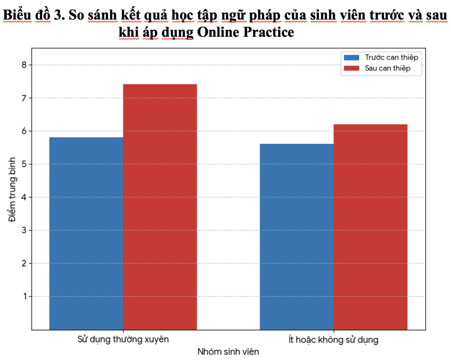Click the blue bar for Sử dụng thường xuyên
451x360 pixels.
pyautogui.click(x=86, y=233)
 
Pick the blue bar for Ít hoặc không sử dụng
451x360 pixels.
pyautogui.click(x=297, y=237)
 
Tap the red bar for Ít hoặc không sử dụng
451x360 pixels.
pyautogui.click(x=370, y=227)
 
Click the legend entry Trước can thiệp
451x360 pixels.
pyautogui.click(x=391, y=57)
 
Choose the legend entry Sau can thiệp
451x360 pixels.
pyautogui.click(x=387, y=68)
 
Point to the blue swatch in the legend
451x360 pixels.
pyautogui.click(x=351, y=57)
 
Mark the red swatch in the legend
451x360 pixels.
pyautogui.click(x=351, y=68)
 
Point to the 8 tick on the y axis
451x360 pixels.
pyautogui.click(x=24, y=65)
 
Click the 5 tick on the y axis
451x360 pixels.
pyautogui.click(x=24, y=164)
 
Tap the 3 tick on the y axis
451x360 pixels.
pyautogui.click(x=24, y=230)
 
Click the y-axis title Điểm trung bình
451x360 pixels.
pyautogui.click(x=12, y=189)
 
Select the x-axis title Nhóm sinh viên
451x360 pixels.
pyautogui.click(x=228, y=352)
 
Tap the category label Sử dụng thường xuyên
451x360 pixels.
pyautogui.click(x=123, y=340)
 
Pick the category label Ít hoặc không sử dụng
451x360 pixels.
pyautogui.click(x=333, y=340)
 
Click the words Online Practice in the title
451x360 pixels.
pyautogui.click(x=245, y=32)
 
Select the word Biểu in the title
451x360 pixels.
pyautogui.click(x=17, y=15)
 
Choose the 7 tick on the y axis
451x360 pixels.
pyautogui.click(x=24, y=98)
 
